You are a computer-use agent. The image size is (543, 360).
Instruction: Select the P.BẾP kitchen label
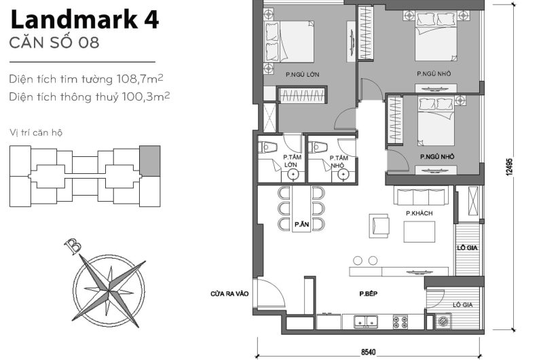369,293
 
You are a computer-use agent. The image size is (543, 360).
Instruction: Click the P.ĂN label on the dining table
301,224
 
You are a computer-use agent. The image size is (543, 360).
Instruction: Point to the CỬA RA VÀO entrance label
229,293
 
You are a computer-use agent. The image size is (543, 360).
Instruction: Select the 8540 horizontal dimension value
367,352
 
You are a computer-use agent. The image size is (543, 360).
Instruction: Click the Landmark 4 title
85,20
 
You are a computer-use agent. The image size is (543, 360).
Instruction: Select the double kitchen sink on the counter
364,321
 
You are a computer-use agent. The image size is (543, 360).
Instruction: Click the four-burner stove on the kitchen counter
399,321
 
